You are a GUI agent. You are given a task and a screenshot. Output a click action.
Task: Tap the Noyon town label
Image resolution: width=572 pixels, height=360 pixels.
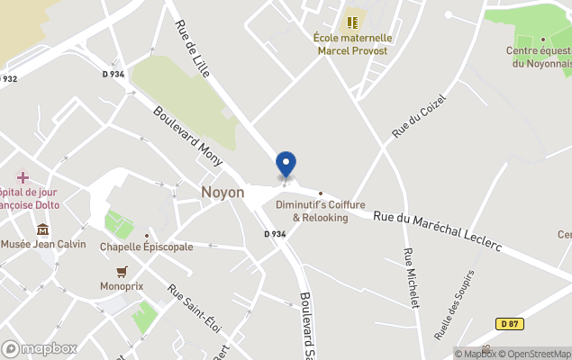222,193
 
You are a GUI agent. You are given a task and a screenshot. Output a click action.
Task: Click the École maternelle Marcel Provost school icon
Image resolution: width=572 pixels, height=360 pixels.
352,20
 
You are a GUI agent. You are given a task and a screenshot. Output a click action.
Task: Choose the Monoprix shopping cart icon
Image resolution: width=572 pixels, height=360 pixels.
122,271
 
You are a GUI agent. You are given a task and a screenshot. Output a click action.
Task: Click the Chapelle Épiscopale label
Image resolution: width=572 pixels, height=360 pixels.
146,247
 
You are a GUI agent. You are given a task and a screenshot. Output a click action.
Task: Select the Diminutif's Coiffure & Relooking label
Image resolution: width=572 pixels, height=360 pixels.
320,211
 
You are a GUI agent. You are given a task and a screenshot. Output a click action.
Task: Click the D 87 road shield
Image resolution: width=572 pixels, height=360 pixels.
510,324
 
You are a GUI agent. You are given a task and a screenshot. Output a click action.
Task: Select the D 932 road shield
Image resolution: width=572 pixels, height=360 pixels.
8,79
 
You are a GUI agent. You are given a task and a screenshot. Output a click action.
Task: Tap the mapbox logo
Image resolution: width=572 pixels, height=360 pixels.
39,348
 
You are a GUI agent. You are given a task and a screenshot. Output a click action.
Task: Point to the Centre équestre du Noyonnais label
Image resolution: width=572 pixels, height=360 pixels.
540,56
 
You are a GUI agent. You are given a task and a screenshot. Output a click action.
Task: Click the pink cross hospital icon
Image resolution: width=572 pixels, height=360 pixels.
23,177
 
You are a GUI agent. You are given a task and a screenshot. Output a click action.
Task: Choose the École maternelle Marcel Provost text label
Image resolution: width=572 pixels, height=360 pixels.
352,44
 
